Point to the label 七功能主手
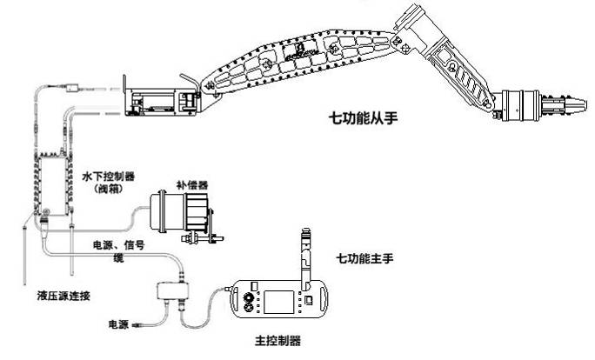[x=365, y=258]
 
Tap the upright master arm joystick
[x=307, y=257]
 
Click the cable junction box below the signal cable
[x=174, y=293]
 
